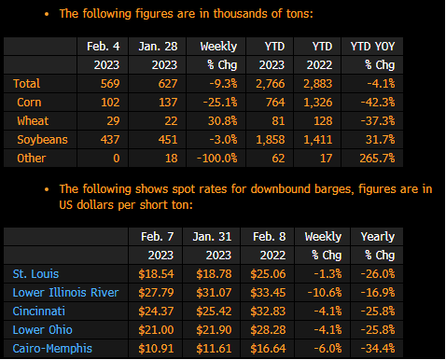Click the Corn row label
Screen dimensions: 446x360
(x=29, y=103)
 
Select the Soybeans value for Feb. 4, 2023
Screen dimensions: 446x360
(x=110, y=140)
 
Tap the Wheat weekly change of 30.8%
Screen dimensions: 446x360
(x=222, y=121)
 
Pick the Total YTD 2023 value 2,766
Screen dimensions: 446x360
(x=271, y=84)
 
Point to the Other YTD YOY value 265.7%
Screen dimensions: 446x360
(x=377, y=159)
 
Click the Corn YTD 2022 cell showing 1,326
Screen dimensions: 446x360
(x=318, y=103)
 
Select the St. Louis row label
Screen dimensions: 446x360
(x=35, y=274)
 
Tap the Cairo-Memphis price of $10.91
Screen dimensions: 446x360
(x=156, y=349)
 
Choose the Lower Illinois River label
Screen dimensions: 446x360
(x=65, y=293)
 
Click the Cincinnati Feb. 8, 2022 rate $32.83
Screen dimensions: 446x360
(x=268, y=312)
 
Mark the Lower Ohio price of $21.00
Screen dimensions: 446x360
(x=156, y=330)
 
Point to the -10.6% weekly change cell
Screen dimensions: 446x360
(x=325, y=293)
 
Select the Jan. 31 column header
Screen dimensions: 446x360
(x=212, y=237)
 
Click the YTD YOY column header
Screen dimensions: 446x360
(x=372, y=47)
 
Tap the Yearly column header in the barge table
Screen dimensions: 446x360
(x=378, y=237)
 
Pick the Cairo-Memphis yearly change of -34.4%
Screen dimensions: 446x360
(x=378, y=349)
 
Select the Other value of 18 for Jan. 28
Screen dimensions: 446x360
(x=172, y=159)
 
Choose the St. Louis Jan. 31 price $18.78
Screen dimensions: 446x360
(x=214, y=274)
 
